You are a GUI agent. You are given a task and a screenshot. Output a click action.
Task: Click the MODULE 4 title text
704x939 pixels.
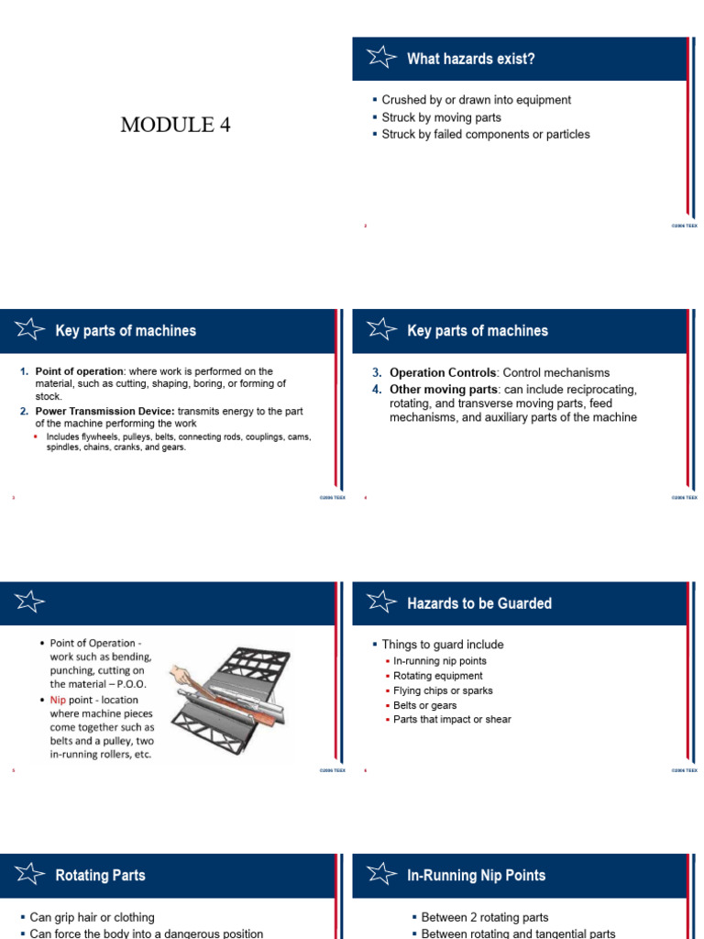[x=175, y=126]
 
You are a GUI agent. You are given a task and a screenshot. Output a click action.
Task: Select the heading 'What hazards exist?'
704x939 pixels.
[x=470, y=60]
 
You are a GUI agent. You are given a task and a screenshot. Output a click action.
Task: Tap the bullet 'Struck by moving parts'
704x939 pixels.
[x=441, y=117]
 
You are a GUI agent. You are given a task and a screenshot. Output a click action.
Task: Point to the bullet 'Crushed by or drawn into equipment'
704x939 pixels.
[x=476, y=100]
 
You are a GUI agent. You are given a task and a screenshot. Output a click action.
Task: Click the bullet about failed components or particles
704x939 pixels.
[x=485, y=135]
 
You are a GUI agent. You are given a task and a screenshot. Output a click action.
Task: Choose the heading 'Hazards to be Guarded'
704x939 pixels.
[x=478, y=603]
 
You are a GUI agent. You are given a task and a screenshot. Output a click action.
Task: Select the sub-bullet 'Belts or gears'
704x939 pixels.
[x=424, y=705]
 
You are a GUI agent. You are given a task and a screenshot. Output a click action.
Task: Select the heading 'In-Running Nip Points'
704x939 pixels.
[x=476, y=876]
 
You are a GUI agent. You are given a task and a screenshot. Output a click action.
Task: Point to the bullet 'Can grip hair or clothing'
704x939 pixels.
[x=92, y=917]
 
